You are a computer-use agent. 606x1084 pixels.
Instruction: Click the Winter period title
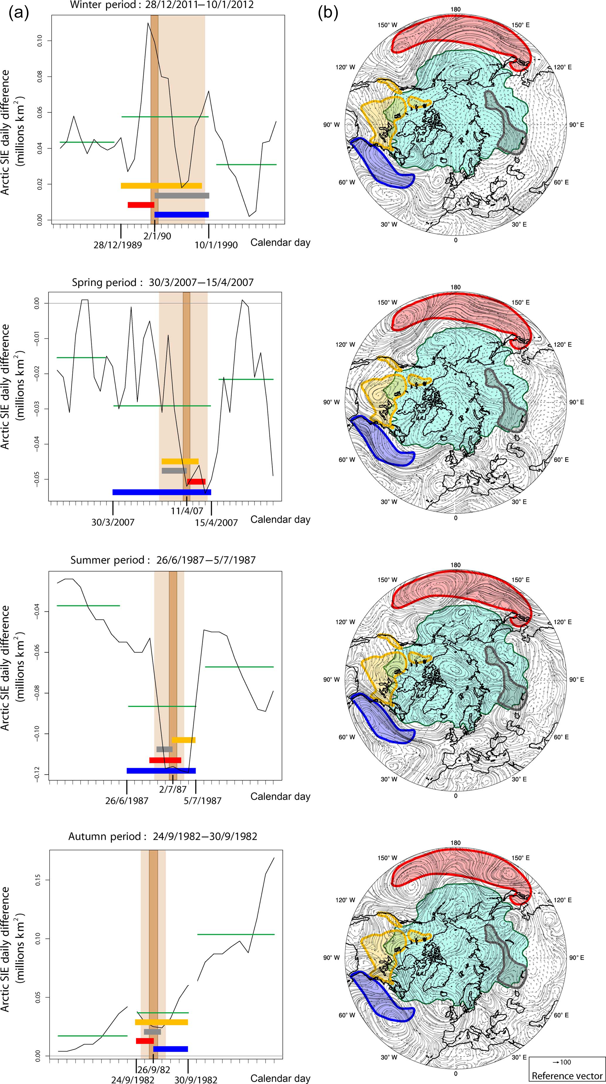tap(162, 5)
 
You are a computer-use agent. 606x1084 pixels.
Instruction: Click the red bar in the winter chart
tap(141, 205)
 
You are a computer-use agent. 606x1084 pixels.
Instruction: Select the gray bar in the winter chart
tap(182, 196)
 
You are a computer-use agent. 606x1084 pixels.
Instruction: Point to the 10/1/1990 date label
tap(216, 245)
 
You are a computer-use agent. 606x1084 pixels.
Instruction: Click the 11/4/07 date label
tap(187, 511)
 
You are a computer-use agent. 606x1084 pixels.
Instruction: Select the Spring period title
tap(163, 282)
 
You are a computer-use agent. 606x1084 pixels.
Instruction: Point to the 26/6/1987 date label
tap(127, 800)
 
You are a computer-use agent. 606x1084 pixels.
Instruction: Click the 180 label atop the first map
tap(455, 10)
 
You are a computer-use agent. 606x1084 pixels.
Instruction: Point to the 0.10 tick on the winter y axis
tap(40, 41)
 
